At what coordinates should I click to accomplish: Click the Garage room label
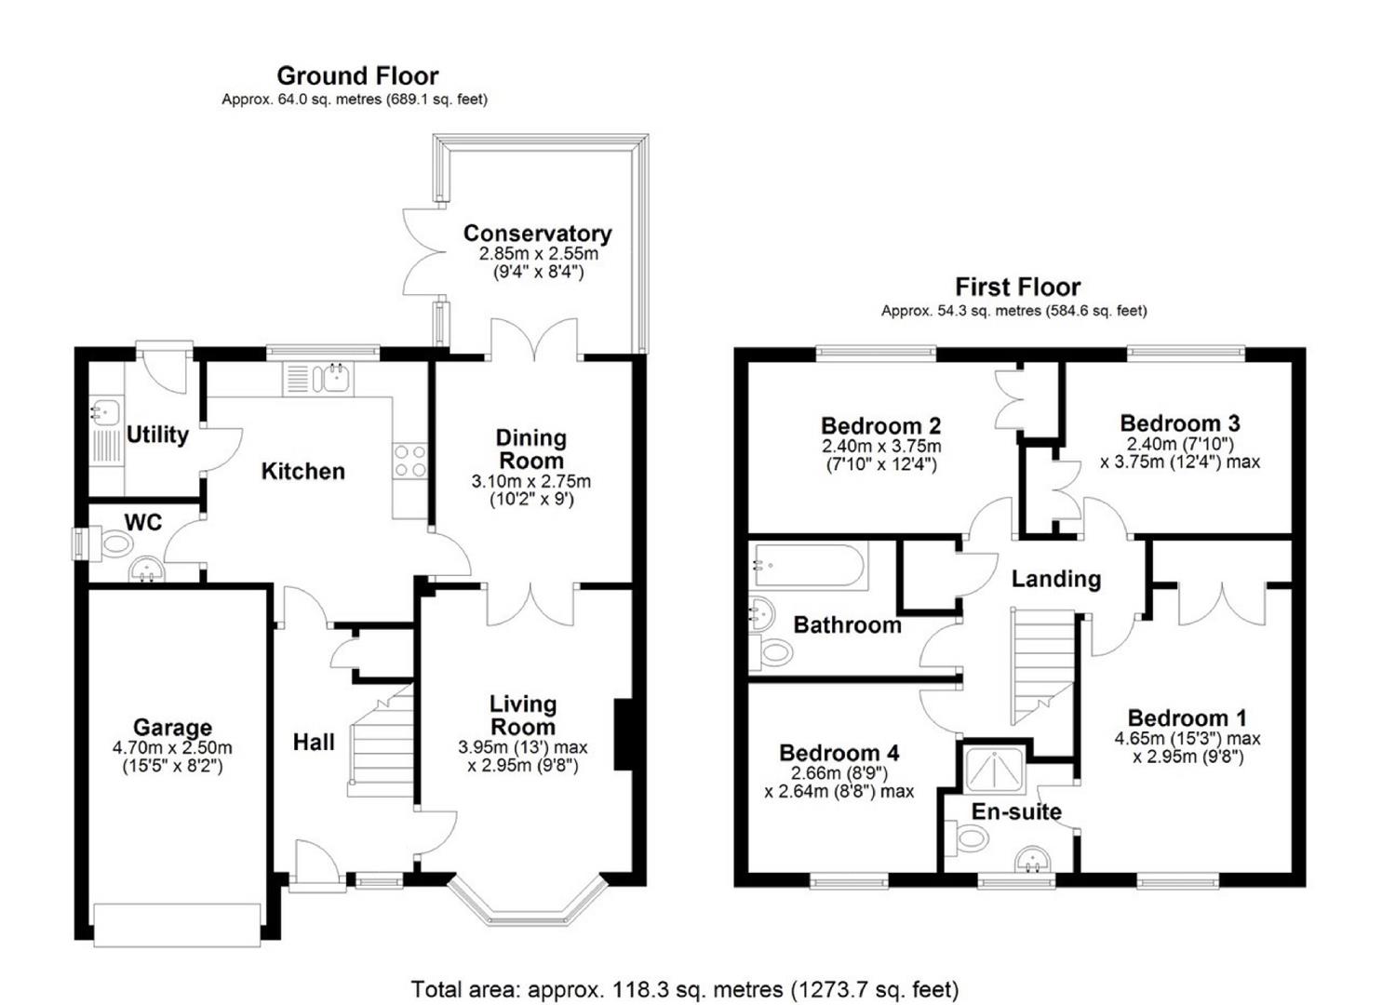tap(172, 728)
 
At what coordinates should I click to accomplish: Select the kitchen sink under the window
tap(332, 378)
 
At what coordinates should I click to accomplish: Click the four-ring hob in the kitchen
tap(410, 461)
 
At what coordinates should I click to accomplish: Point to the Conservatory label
tap(537, 234)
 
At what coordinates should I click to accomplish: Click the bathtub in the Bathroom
tap(809, 565)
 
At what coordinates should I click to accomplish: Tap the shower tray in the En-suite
tap(995, 770)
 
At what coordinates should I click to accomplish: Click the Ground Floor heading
tap(358, 76)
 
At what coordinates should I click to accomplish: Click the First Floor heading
tap(1018, 288)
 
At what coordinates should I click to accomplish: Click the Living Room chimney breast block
tap(623, 734)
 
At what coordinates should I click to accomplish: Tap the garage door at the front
tap(177, 925)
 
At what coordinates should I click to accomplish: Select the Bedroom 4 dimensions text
tap(839, 782)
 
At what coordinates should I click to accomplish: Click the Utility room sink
tap(106, 409)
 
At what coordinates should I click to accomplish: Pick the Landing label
tap(1056, 579)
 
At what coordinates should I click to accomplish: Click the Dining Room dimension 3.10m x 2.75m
tap(531, 481)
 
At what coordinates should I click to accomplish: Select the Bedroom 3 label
tap(1180, 423)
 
